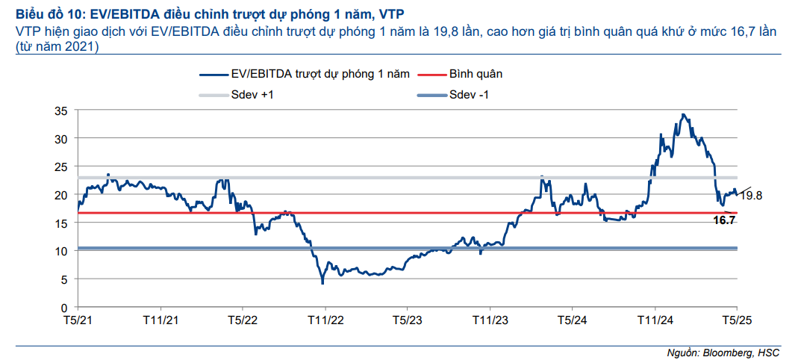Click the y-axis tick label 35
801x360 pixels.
coord(62,111)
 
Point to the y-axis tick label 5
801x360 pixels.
coord(65,279)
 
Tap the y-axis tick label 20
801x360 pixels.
coord(62,195)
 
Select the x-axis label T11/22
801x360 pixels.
coord(325,320)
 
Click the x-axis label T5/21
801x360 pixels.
coord(78,320)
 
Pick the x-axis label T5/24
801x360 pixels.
coord(571,320)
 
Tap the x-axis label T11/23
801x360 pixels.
coord(490,320)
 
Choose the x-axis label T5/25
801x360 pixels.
coord(736,320)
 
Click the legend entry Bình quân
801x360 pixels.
coord(476,75)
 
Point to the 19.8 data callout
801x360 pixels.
coord(751,196)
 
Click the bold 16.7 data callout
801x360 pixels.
coord(725,220)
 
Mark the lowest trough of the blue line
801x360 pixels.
coord(322,283)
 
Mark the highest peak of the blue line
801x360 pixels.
coord(683,114)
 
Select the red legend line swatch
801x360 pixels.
coord(430,75)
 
